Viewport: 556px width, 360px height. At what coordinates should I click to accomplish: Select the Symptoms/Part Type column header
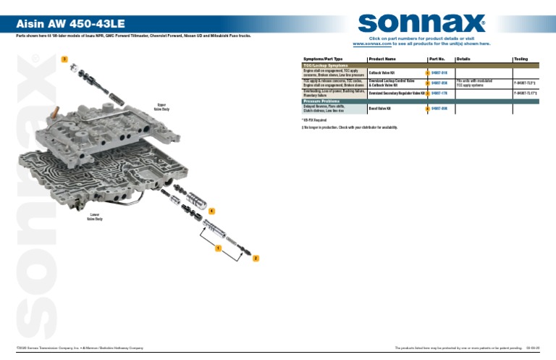click(323, 58)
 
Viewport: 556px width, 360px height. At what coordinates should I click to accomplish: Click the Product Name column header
click(382, 58)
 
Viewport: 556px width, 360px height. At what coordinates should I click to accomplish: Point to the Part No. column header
click(437, 58)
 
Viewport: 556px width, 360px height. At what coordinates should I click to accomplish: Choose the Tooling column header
click(522, 58)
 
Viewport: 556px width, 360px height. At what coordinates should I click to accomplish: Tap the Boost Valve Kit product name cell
click(380, 109)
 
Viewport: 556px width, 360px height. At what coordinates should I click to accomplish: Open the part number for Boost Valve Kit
click(439, 109)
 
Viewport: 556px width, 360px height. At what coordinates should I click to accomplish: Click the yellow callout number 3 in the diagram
click(64, 58)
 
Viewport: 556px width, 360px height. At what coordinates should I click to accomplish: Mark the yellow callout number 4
click(211, 210)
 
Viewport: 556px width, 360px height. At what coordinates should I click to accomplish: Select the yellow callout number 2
click(255, 258)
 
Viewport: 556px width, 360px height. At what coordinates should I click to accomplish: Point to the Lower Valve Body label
click(96, 217)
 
